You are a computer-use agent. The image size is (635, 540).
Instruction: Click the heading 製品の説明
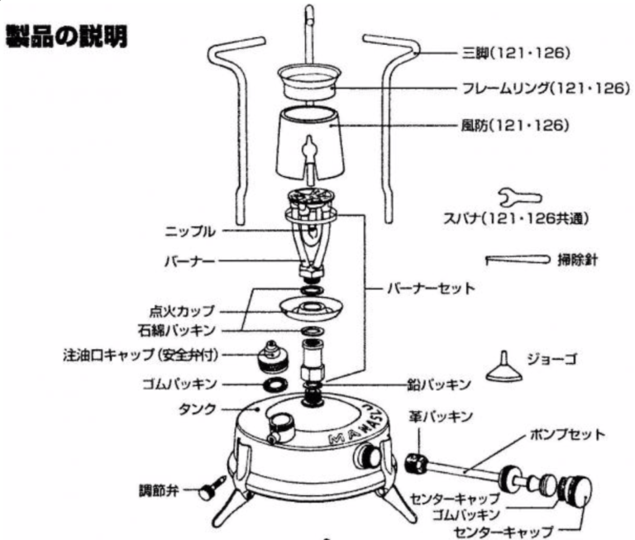point(66,37)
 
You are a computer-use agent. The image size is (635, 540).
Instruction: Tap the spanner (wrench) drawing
point(520,198)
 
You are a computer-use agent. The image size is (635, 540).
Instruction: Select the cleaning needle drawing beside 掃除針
point(518,260)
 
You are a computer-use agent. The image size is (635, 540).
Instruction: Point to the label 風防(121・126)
point(515,126)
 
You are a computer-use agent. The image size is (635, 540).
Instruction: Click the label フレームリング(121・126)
point(546,88)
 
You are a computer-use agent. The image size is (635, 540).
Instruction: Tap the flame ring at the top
point(308,82)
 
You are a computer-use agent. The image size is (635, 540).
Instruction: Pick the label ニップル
point(190,232)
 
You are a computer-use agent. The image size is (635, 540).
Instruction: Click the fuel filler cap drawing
point(272,359)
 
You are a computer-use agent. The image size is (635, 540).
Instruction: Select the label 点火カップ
point(181,311)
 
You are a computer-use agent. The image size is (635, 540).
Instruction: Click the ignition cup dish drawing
point(311,308)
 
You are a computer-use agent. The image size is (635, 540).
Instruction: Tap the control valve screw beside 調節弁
point(212,489)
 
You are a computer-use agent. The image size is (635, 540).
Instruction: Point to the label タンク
point(198,409)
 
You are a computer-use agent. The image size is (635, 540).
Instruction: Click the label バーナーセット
point(431,289)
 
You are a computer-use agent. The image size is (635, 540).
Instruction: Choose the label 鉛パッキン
point(439,384)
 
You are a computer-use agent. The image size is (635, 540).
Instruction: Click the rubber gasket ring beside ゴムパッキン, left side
point(275,385)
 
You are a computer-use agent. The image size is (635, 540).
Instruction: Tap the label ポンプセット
point(567,435)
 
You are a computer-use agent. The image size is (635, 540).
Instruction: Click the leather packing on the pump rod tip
point(416,462)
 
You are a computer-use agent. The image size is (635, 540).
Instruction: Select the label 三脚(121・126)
point(516,53)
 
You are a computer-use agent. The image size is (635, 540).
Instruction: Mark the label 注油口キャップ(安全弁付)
point(141,355)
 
